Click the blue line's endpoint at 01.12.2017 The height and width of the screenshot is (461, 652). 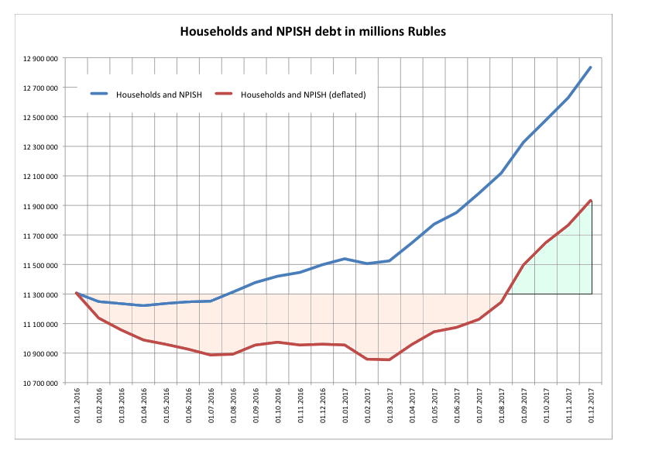click(x=592, y=67)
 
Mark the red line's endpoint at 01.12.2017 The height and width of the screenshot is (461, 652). click(x=592, y=200)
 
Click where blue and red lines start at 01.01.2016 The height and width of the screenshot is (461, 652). click(x=76, y=293)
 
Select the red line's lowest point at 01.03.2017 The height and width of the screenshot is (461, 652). click(x=389, y=360)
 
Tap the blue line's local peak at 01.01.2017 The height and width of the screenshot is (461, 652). click(x=345, y=259)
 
